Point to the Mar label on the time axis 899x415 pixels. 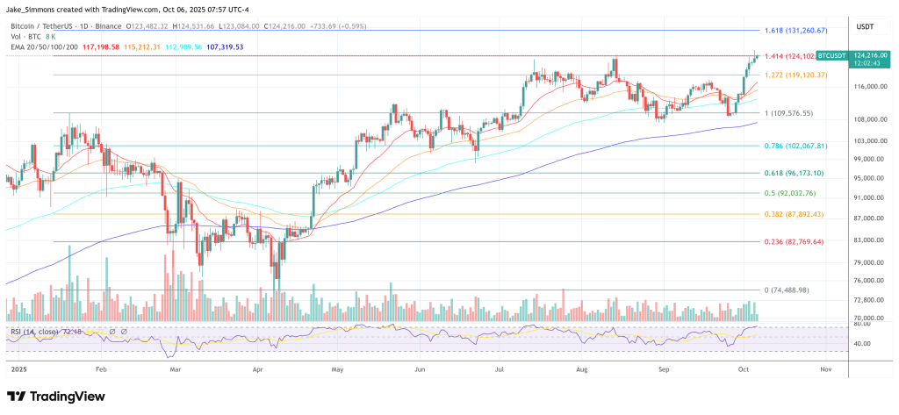[x=176, y=371]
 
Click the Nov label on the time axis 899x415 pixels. [x=826, y=371]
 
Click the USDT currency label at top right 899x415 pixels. [x=867, y=26]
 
